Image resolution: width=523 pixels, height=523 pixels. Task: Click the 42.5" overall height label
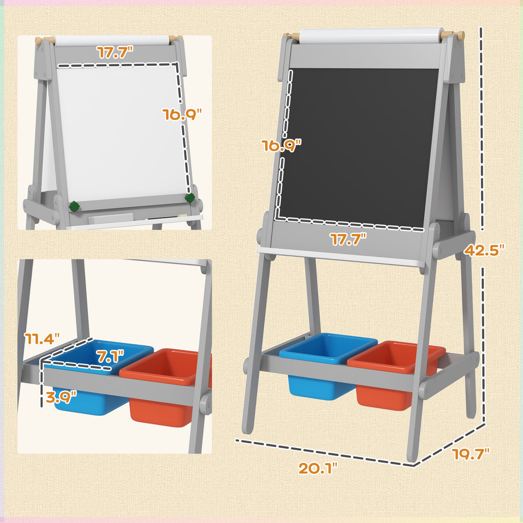click(484, 250)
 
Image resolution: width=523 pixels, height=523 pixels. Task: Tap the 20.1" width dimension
click(318, 468)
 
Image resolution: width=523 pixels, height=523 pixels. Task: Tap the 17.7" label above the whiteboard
click(115, 53)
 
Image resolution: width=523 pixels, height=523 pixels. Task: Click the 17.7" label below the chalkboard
click(348, 239)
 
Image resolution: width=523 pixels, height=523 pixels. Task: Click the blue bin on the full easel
click(322, 368)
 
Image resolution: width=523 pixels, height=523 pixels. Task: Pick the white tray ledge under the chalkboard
click(340, 256)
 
